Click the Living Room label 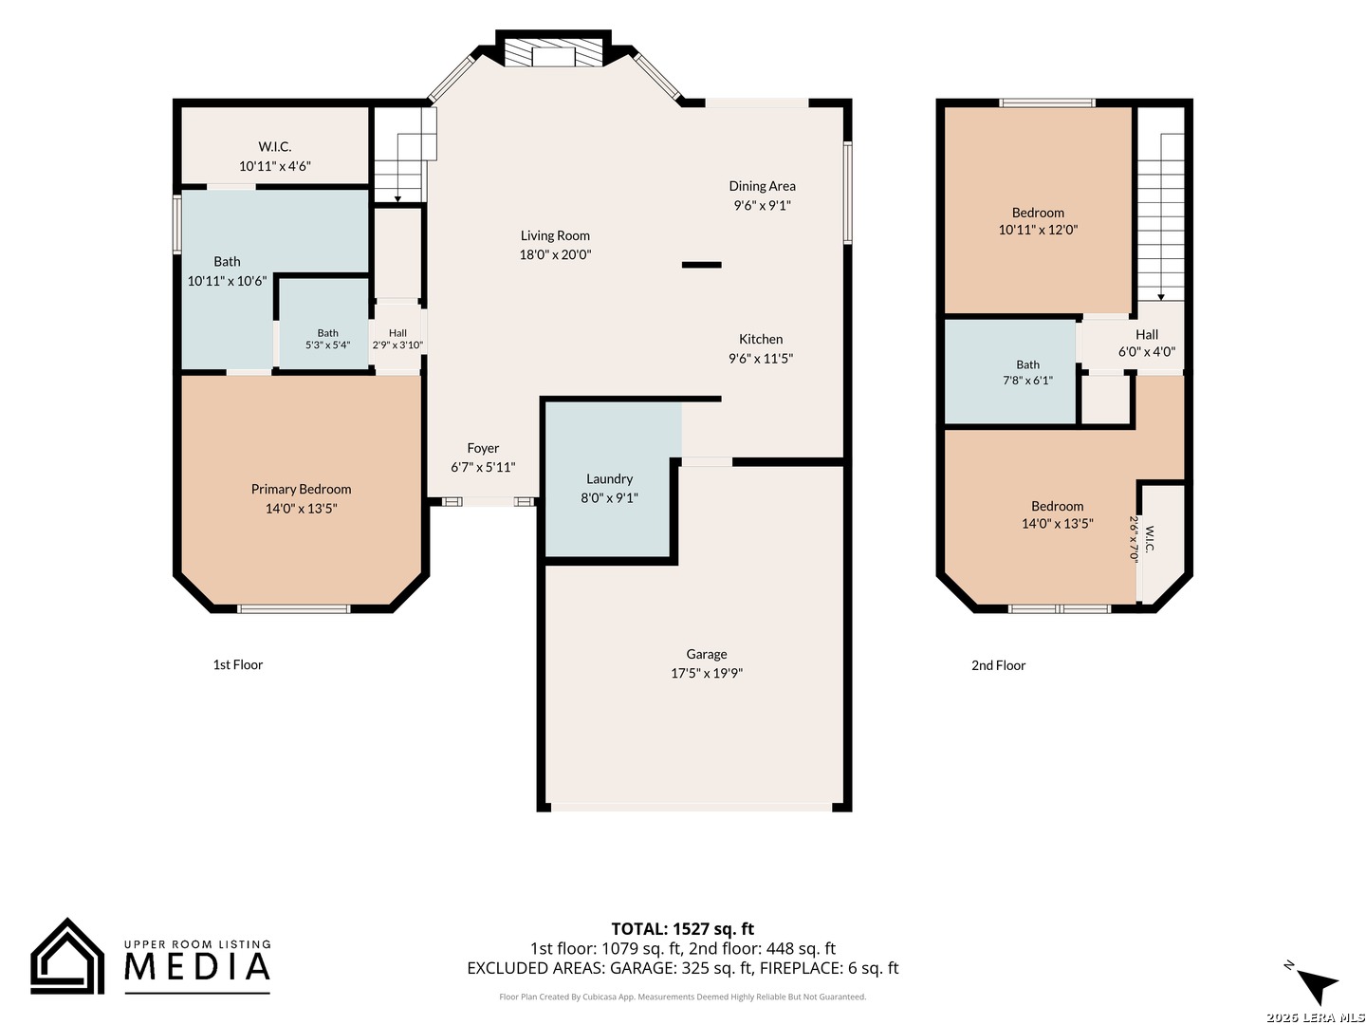click(x=555, y=236)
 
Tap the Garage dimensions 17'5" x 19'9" click(x=707, y=673)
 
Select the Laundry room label click(x=609, y=478)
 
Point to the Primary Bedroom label click(x=302, y=489)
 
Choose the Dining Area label click(x=762, y=186)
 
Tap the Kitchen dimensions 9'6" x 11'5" click(x=761, y=359)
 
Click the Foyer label click(x=483, y=448)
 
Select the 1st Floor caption click(x=238, y=664)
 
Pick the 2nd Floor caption click(x=998, y=665)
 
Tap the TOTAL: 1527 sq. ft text click(x=682, y=928)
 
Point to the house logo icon click(x=67, y=956)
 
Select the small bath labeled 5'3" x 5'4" click(x=327, y=339)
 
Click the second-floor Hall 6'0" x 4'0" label click(x=1146, y=343)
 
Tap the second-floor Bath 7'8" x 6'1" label click(x=1027, y=372)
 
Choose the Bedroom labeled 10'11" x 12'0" click(x=1038, y=221)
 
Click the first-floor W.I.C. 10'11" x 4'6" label click(x=274, y=157)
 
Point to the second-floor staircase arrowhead click(x=1161, y=297)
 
